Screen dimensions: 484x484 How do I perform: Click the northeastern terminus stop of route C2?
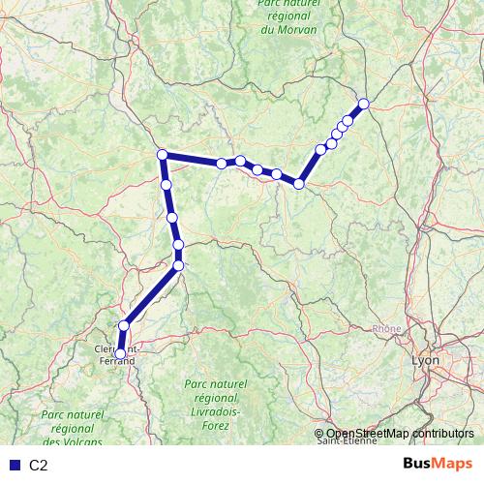[364, 104]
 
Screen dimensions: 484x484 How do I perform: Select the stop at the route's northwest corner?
[163, 155]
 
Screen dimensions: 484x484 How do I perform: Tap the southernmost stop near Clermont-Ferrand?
[120, 354]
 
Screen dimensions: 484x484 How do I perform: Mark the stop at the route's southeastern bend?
[300, 183]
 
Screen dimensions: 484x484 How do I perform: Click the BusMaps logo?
[438, 464]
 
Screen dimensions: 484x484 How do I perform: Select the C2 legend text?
[39, 465]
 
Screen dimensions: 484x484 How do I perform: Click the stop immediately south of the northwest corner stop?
[166, 184]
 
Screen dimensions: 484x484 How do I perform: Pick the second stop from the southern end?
[124, 326]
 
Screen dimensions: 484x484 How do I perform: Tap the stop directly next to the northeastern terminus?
[348, 121]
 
